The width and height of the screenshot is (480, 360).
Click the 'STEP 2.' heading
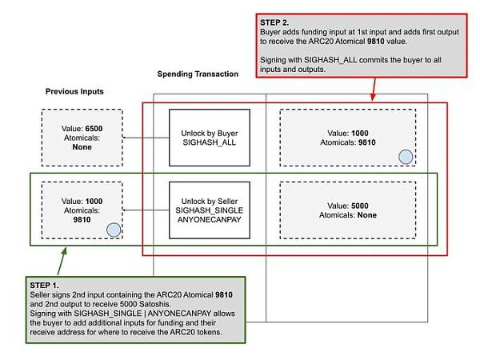coord(274,22)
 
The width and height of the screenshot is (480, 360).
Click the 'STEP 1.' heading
coord(44,286)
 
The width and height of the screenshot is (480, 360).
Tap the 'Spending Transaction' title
coord(198,74)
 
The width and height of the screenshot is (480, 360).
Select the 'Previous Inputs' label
coord(74,91)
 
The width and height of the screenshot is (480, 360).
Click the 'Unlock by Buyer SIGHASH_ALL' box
coord(210,138)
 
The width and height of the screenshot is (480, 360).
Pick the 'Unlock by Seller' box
coord(210,210)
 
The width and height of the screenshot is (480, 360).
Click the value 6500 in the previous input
coord(94,129)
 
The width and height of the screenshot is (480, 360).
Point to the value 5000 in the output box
coord(360,206)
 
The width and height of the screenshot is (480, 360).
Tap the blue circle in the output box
coord(406,157)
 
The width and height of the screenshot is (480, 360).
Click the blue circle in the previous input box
coord(114,230)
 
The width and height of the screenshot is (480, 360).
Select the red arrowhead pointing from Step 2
coord(373,97)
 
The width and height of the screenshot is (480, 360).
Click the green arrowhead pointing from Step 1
coord(64,251)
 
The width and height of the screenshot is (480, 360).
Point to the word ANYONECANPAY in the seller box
coord(210,219)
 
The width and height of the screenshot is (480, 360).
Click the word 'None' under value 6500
coord(82,147)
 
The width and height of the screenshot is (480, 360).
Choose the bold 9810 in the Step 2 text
coord(376,42)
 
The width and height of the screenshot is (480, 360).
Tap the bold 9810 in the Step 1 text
coord(224,294)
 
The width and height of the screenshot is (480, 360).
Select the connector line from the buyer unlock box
coord(146,138)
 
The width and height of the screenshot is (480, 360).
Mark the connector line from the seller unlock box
coord(146,210)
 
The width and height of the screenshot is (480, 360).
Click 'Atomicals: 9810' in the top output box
coord(348,142)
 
